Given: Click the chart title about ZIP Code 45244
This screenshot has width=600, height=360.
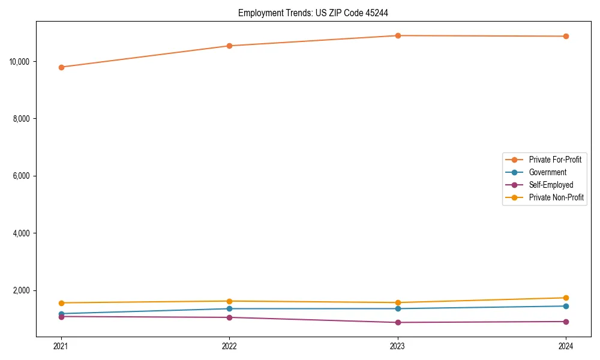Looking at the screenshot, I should [317, 13].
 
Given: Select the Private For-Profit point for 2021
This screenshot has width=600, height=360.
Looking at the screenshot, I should [61, 67].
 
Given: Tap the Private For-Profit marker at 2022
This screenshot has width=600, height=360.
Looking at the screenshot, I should [229, 46].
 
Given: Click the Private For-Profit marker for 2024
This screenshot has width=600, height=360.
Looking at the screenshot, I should [566, 36].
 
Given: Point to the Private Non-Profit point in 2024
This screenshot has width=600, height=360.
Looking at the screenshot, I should [566, 298].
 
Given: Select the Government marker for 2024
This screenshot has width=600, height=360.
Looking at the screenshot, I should [566, 306].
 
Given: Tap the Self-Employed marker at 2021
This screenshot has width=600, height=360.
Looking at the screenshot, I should [61, 316].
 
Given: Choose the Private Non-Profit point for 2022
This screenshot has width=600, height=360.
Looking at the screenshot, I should [229, 301].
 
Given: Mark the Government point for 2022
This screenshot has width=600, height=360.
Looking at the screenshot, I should [229, 308].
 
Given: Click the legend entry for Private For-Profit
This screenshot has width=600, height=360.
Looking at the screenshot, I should [554, 160].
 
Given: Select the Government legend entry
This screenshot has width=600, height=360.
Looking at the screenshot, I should [547, 172].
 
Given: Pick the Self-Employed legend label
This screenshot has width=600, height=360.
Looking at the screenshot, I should [551, 185].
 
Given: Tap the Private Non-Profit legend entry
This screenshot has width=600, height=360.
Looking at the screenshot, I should [556, 197].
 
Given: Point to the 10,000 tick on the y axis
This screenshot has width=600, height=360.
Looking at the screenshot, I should [21, 61].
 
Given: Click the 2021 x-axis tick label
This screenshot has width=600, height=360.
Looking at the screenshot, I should [61, 346].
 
